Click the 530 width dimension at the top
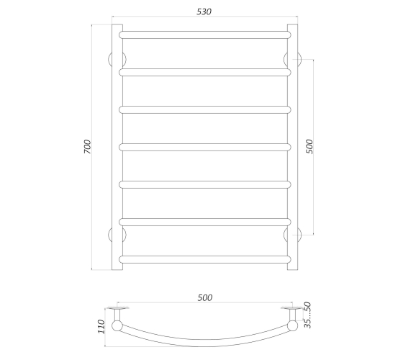click(204, 12)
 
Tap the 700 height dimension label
click(88, 147)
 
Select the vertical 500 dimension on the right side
click(309, 147)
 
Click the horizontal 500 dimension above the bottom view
click(205, 298)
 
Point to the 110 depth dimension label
click(101, 327)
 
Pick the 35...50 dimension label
click(308, 315)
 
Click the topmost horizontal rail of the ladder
click(205, 35)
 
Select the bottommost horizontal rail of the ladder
click(205, 259)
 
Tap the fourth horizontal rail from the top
click(205, 147)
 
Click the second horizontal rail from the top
click(205, 72)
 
